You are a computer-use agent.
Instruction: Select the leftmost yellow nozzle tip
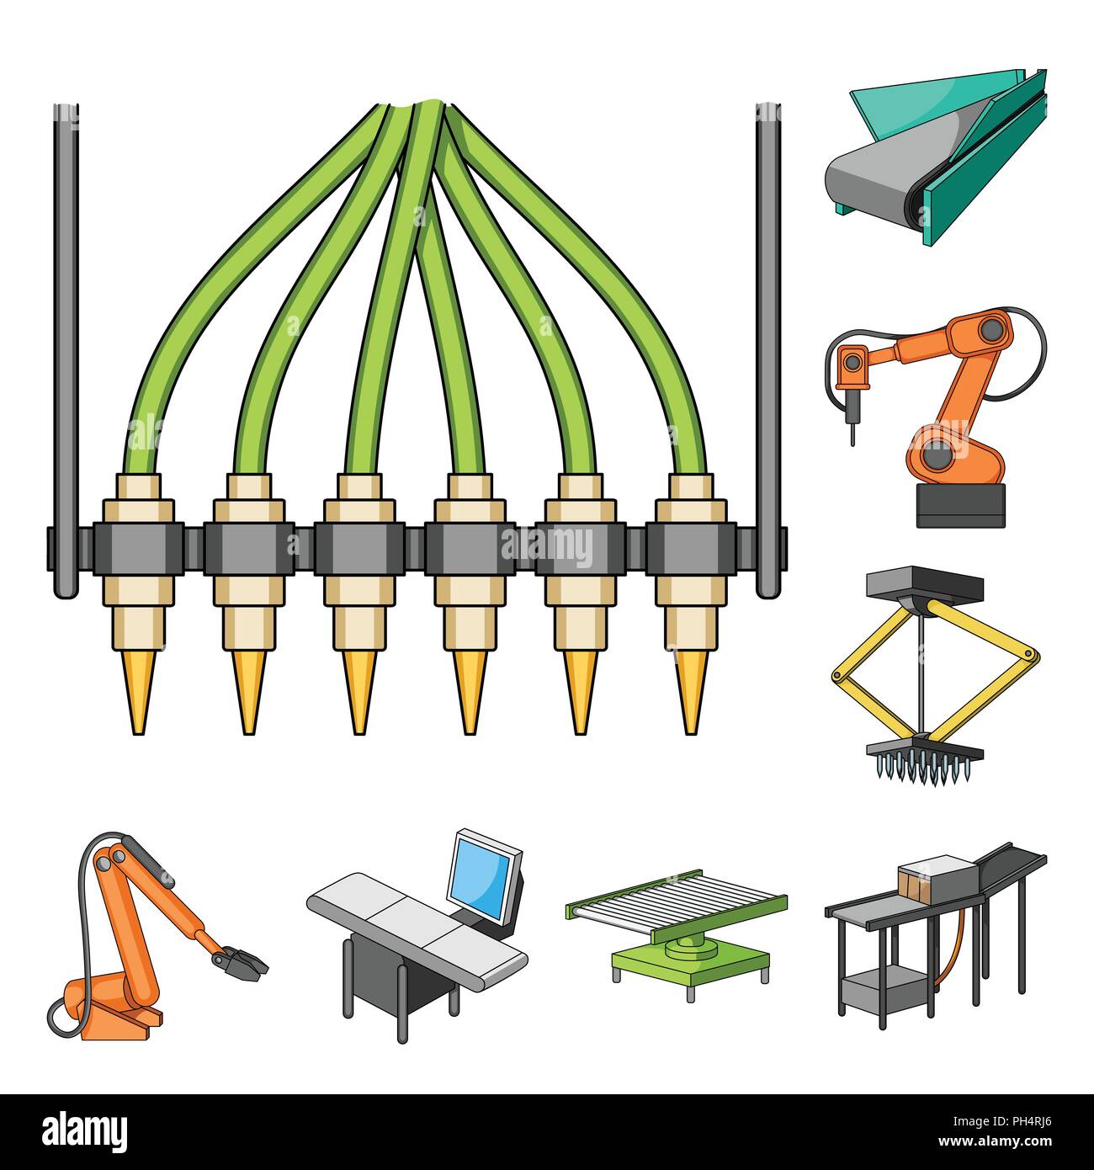coord(139,692)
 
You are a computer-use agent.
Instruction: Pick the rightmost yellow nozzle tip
coord(690,692)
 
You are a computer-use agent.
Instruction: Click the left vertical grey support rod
coord(66,351)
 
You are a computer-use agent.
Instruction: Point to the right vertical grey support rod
coord(768,351)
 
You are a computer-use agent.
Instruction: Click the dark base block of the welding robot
coord(961,505)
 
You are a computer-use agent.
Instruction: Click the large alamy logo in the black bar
coord(84,1132)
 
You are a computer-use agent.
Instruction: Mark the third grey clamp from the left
coord(359,548)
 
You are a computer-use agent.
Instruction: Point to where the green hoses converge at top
coord(419,107)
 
